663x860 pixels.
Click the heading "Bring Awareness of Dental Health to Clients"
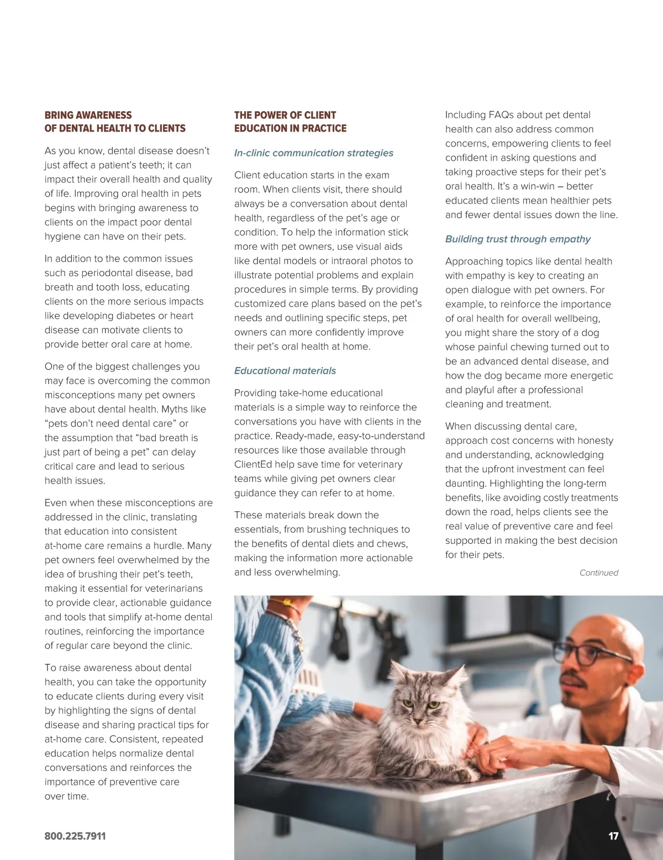click(x=115, y=122)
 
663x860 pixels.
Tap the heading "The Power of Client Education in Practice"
click(x=290, y=122)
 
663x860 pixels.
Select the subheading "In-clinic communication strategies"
click(x=314, y=153)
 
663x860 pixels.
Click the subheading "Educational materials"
click(x=285, y=371)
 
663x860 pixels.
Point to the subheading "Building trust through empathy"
click(x=518, y=239)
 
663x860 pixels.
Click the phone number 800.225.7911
click(x=75, y=836)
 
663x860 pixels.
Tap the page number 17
click(x=613, y=836)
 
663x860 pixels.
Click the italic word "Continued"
click(x=598, y=573)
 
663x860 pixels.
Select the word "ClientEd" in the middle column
click(x=253, y=465)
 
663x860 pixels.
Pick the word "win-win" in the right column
click(x=536, y=187)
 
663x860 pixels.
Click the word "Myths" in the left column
click(x=175, y=410)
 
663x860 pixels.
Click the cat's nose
click(x=419, y=720)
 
